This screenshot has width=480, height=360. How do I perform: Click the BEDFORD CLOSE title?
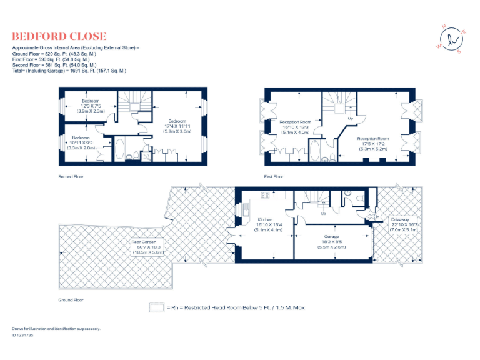59,36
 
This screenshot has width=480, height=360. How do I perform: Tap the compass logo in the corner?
454,39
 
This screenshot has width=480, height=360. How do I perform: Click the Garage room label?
331,241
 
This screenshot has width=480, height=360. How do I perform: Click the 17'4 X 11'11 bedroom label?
177,126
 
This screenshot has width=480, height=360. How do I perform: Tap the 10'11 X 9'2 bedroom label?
81,142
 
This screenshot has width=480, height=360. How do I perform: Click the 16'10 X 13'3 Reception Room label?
296,127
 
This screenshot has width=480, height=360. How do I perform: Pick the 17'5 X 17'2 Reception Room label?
372,143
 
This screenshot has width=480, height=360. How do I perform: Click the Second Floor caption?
71,177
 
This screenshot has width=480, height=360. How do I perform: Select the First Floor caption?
273,177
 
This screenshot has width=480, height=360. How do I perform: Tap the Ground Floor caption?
71,300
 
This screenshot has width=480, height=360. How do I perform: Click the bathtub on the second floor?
120,151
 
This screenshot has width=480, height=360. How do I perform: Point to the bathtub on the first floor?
314,151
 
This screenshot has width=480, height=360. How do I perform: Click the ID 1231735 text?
23,336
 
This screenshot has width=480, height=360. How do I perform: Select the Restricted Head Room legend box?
156,308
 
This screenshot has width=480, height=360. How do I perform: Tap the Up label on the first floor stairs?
350,118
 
